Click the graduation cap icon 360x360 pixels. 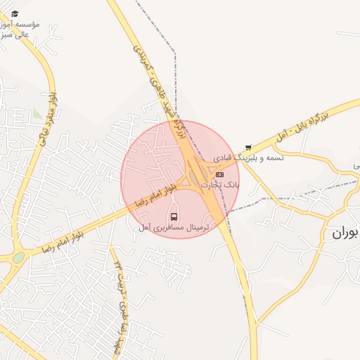coord(15,14)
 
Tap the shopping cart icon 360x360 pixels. coord(247,147)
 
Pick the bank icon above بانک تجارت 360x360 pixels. coord(220,174)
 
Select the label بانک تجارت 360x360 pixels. coord(221,184)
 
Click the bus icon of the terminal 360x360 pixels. coord(174,216)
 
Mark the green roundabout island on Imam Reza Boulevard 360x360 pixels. coord(18,257)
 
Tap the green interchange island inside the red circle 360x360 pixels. coord(202,173)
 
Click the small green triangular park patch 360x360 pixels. coord(37,112)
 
